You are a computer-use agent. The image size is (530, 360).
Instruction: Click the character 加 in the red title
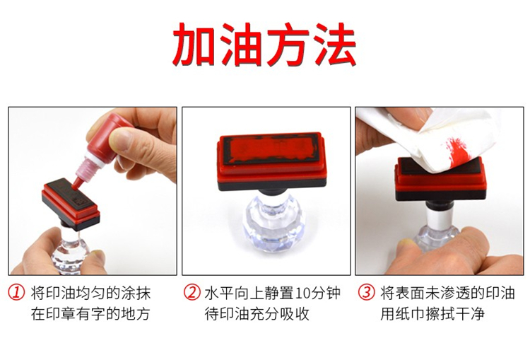[195, 45]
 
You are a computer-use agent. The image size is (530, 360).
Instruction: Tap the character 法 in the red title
[334, 45]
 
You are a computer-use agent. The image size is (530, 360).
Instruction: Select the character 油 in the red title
[242, 45]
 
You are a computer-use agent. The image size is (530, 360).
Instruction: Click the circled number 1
[16, 293]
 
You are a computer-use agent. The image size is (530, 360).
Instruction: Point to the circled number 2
[192, 293]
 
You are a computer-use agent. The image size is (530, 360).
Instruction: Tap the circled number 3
[367, 293]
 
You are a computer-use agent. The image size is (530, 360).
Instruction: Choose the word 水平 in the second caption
[219, 293]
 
